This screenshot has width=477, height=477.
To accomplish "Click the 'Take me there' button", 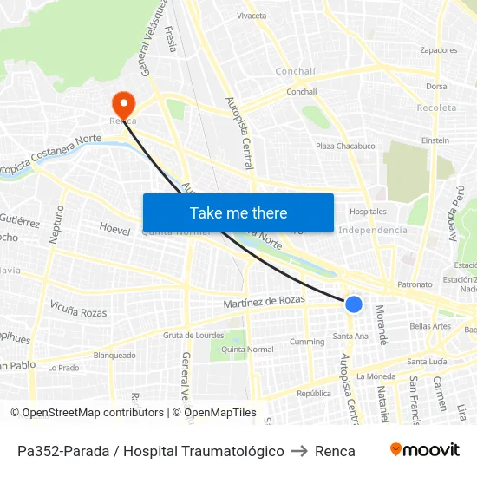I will pos(238,212).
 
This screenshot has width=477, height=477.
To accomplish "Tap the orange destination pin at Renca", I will pos(123,105).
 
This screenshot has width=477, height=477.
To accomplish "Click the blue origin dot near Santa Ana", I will pos(354,304).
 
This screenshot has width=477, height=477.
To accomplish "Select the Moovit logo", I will pos(425,450).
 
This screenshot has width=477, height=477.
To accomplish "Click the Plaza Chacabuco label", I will pos(345,146).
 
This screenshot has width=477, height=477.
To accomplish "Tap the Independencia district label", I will pos(373,230).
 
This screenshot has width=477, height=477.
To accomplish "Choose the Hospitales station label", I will pos(368,212).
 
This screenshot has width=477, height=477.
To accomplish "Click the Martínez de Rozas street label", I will pos(265,301).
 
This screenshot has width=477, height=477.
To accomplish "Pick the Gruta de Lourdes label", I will pos(193,336).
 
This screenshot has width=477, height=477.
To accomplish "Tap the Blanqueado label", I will pos(114,355).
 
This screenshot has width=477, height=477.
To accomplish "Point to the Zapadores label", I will pos(438,50).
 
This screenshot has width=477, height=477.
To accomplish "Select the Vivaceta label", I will pos(252,16).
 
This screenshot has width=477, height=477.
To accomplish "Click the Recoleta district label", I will pos(436,108).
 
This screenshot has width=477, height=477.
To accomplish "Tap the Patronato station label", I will pos(415,284).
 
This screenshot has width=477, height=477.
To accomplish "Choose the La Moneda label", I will pos(375,376).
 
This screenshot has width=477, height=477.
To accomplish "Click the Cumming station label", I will pos(307,342).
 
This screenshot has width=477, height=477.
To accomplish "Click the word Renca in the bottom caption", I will pos(335,451).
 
